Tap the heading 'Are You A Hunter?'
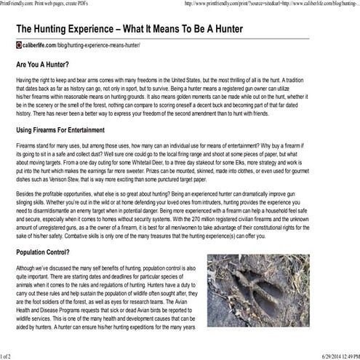click(47, 64)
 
